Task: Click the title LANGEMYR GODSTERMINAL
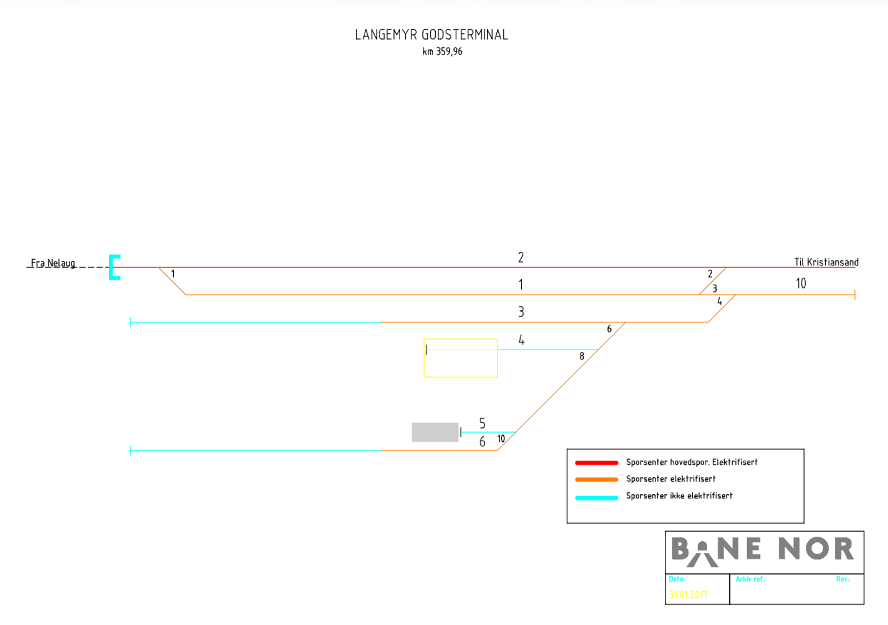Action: (431, 35)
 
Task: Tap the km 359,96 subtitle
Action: (442, 52)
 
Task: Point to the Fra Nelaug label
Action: (53, 263)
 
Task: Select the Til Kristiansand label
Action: (826, 262)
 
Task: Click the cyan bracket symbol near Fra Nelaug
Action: (114, 267)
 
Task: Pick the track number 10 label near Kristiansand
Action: (800, 284)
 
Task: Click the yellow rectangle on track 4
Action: (461, 359)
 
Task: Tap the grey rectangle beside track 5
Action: (435, 432)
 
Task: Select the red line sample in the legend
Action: (597, 462)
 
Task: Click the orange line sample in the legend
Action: (597, 480)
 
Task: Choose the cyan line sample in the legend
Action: (597, 497)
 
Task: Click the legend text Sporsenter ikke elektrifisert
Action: (679, 496)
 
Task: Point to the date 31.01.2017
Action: (688, 594)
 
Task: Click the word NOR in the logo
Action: (815, 549)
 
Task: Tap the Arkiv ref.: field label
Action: (750, 579)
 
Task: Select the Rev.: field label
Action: (843, 579)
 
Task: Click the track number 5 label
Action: (482, 424)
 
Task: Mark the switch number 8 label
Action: (582, 356)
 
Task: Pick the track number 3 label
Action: (521, 312)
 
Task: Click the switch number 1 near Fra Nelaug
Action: (173, 274)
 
